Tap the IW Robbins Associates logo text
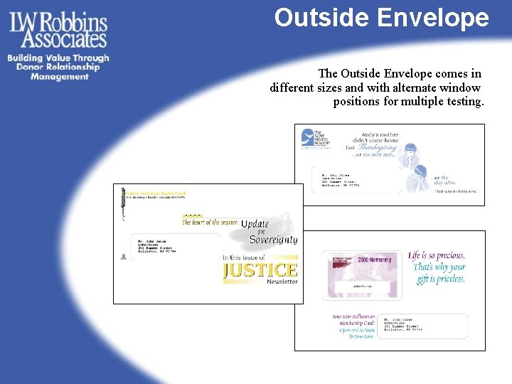pos(58,30)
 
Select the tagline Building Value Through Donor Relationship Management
pos(58,68)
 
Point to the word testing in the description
pos(462,102)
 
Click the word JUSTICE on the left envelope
pos(260,270)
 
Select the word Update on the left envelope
pos(255,224)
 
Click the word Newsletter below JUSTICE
pos(282,282)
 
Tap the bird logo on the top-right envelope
pos(307,137)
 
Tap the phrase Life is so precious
pos(437,255)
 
